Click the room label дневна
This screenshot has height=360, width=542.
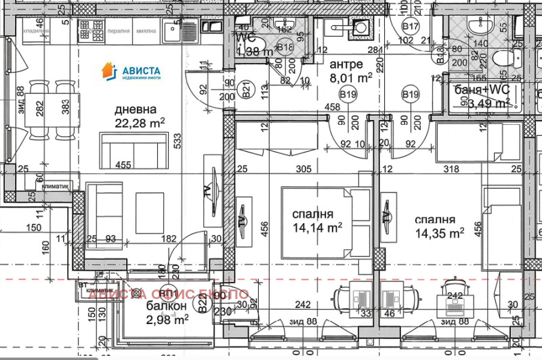point(135,109)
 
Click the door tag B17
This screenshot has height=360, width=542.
point(411,26)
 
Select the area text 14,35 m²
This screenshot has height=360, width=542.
point(440,232)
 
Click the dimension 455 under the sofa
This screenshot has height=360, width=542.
point(123,164)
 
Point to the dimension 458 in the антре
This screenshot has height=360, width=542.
point(332,107)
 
